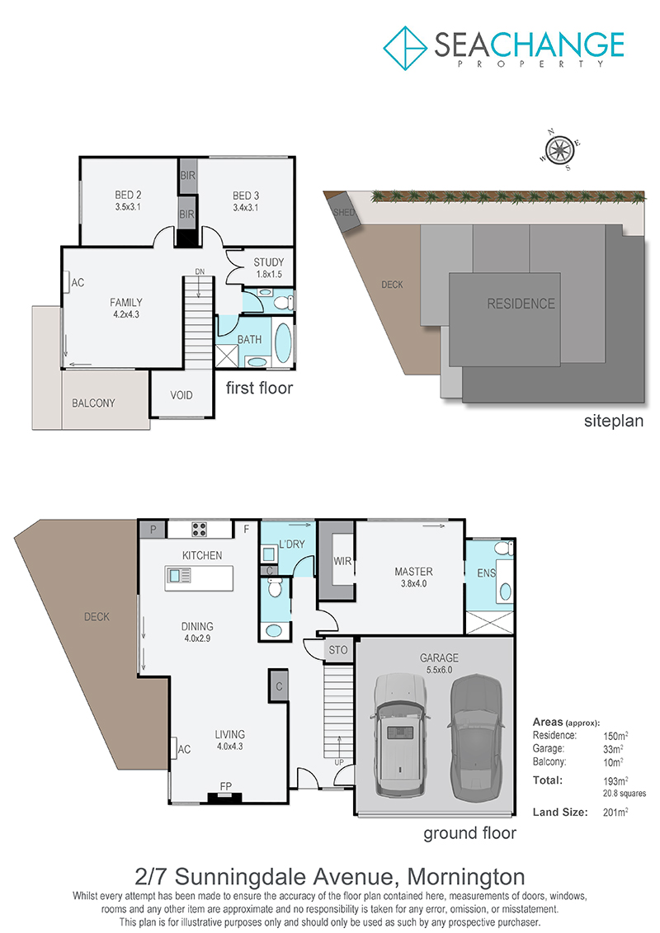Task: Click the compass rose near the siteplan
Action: click(559, 149)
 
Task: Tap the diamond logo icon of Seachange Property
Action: click(405, 48)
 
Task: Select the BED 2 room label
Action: click(128, 196)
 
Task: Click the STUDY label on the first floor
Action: click(268, 262)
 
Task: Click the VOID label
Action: click(181, 395)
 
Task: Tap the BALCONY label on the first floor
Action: click(93, 403)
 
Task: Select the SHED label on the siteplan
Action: click(344, 213)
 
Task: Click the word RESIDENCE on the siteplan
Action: click(521, 304)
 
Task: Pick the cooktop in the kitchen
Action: click(199, 529)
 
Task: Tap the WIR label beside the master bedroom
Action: click(342, 560)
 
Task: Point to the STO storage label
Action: click(338, 650)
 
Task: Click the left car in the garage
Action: click(400, 735)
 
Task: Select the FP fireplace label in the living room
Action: click(225, 786)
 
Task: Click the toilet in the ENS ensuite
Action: click(503, 548)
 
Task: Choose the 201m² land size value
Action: click(615, 812)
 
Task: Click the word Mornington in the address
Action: click(466, 876)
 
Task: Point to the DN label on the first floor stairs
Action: click(200, 271)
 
